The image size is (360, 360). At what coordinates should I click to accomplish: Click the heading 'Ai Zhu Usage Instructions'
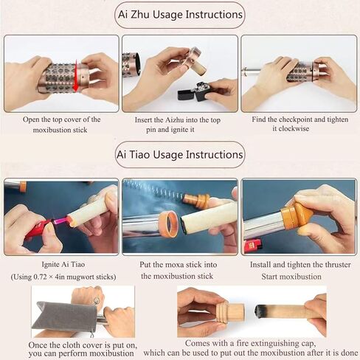tap(179, 15)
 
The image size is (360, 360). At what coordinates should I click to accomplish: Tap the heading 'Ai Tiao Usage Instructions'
tap(179, 155)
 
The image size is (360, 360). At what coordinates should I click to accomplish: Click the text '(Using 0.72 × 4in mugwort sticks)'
tap(60, 277)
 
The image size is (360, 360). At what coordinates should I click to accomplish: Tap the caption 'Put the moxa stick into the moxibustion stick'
tap(179, 271)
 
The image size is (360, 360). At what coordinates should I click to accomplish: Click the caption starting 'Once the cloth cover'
tap(82, 349)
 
